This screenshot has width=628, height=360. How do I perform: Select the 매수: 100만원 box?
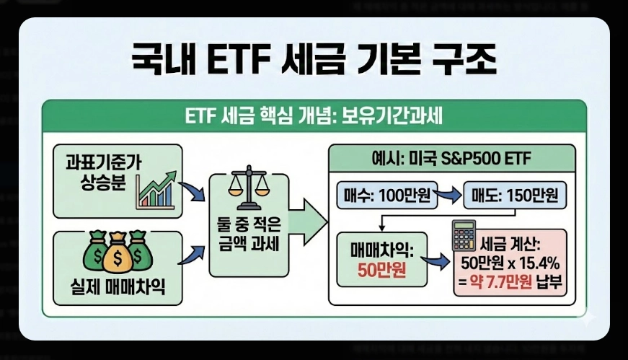(385, 195)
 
